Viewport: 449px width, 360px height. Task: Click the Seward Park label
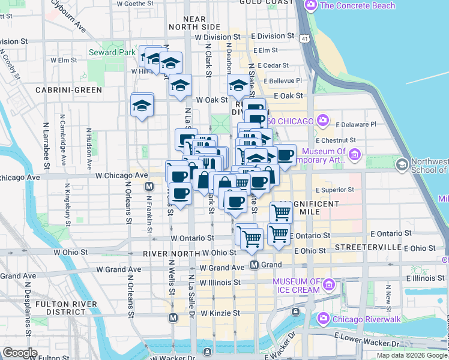point(112,52)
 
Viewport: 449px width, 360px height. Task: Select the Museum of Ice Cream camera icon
point(328,283)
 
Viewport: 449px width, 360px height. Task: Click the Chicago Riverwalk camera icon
point(324,317)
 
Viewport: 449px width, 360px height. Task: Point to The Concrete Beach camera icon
point(310,6)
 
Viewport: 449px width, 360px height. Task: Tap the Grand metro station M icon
point(255,265)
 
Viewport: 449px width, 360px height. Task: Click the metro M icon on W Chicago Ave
point(149,187)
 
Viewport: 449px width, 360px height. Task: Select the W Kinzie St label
point(220,313)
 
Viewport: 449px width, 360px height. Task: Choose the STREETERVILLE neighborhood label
point(367,247)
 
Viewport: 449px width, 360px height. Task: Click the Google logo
point(20,353)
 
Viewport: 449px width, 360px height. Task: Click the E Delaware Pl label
point(356,124)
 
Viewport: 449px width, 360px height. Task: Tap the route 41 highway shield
point(307,39)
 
